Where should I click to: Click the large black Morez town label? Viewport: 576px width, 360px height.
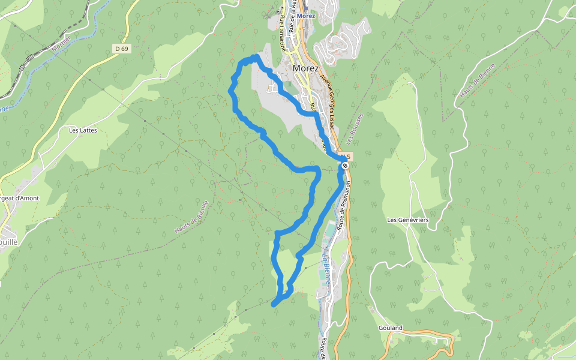306,68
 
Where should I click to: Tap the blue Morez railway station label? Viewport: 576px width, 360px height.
306,16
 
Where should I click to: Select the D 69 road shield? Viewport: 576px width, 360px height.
121,49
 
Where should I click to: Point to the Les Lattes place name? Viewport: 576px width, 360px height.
83,130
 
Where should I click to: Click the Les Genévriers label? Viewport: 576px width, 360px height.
408,220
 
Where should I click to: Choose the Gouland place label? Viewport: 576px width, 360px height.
391,328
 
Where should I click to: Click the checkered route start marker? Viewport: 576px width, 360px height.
346,166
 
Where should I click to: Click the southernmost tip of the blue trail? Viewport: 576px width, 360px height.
274,305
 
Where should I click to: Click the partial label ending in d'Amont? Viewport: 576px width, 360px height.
19,198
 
